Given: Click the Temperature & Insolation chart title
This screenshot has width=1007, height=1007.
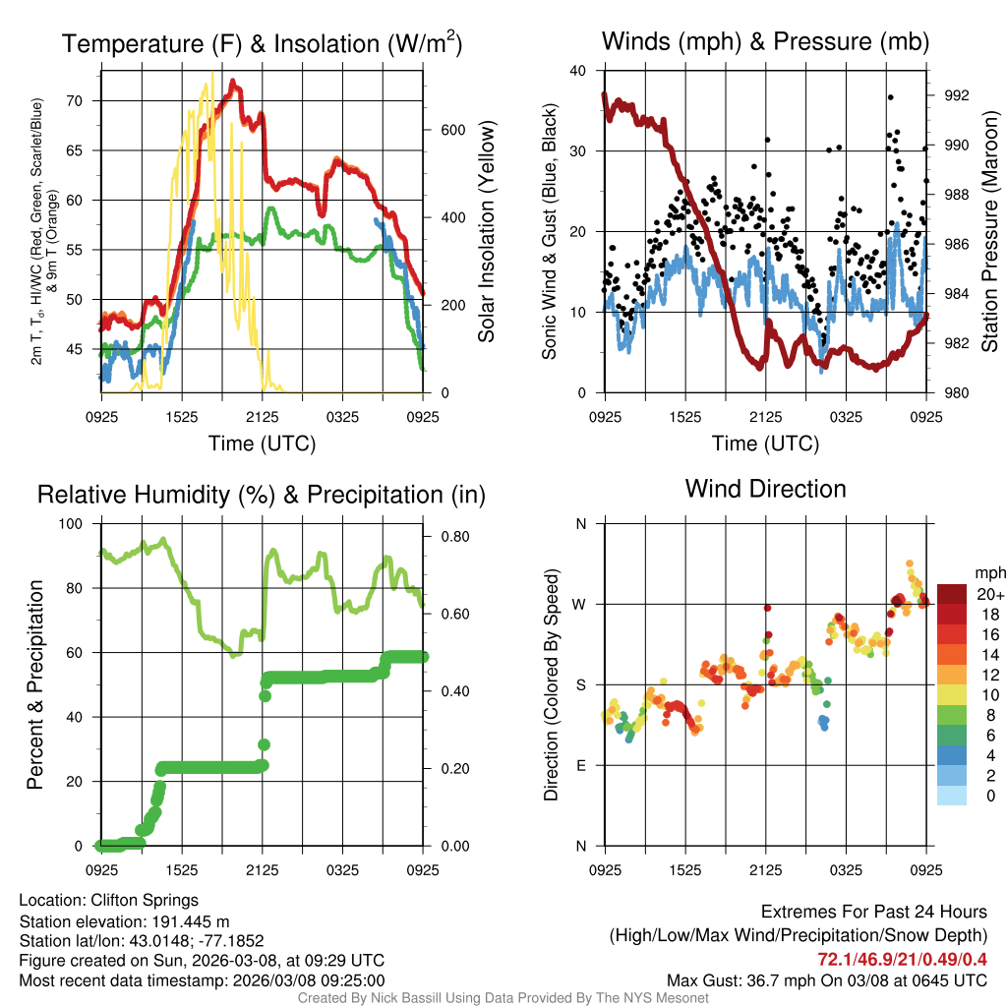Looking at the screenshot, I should (x=263, y=44).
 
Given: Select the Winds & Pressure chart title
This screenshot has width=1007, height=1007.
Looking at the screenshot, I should (x=765, y=41).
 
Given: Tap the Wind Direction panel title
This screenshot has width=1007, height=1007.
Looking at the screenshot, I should (x=765, y=489).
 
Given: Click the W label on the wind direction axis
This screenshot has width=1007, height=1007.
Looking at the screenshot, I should (x=580, y=604).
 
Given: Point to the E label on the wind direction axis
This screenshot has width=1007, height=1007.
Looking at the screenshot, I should (x=580, y=765).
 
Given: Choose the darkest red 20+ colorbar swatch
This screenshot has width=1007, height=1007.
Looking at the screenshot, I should (x=951, y=594).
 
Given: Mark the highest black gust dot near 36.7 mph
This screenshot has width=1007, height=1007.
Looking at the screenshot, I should (x=890, y=97).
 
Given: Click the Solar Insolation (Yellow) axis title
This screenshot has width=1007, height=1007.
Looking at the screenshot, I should (x=487, y=232).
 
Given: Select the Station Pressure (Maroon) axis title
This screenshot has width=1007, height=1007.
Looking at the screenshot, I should (x=990, y=232).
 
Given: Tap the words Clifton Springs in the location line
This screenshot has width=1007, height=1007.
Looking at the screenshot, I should (x=145, y=900).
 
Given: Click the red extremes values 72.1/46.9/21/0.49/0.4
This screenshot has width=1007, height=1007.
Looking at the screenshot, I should (x=902, y=959).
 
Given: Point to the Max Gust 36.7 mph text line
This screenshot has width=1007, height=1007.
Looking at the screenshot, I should (x=826, y=979).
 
